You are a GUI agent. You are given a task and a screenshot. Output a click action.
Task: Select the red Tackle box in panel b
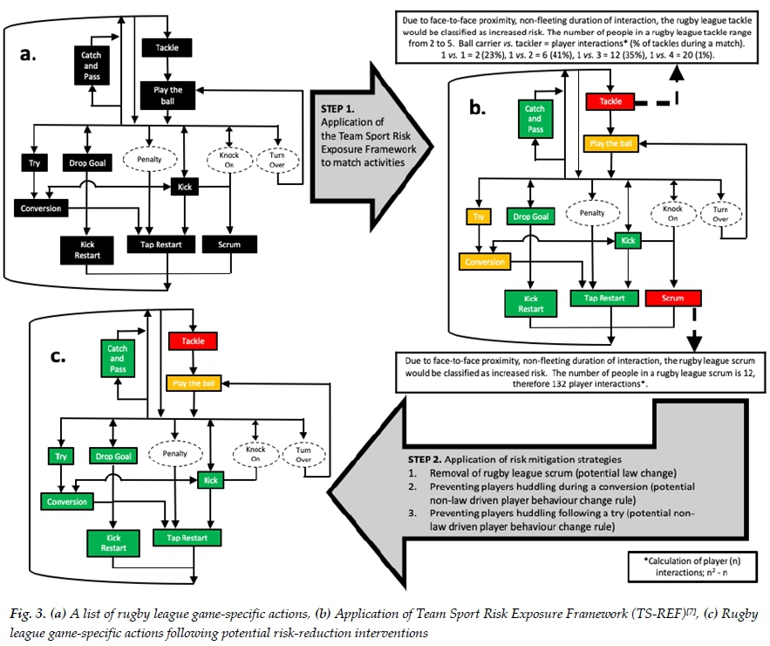pos(610,102)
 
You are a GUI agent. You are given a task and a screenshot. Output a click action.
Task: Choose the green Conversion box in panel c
pos(67,502)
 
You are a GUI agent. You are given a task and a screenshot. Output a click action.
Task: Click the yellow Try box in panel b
pos(478,216)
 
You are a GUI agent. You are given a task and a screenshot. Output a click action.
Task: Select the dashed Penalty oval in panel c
pos(174,454)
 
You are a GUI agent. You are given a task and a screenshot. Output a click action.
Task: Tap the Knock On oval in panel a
pos(228,161)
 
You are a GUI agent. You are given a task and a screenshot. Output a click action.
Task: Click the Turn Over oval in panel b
pos(722,214)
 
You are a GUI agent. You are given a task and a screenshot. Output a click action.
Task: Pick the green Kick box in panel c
pos(209,480)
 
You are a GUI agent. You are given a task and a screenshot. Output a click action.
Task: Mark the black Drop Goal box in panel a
pos(87,162)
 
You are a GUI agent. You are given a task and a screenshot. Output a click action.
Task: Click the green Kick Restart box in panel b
pos(531,303)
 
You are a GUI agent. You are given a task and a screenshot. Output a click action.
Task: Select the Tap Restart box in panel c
pos(180,539)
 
